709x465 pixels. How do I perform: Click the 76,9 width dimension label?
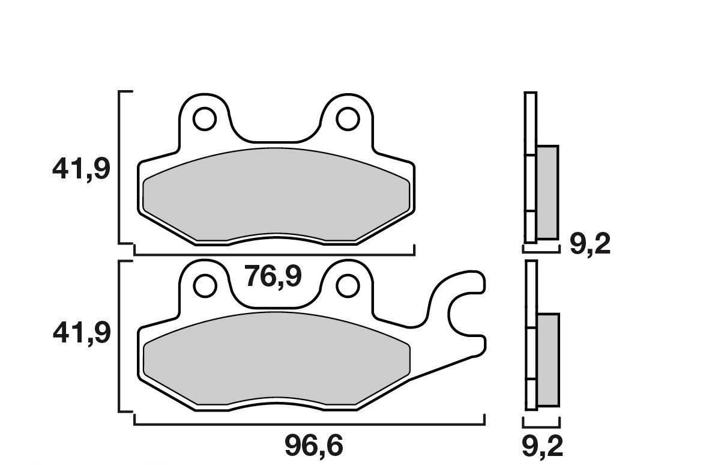coord(273,277)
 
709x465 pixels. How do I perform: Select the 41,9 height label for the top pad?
coord(81,169)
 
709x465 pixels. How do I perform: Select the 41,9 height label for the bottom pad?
coord(81,332)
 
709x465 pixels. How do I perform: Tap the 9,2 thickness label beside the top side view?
coord(590,244)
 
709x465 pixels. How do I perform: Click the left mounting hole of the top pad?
coord(205,119)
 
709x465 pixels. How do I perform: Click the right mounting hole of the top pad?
coord(348,119)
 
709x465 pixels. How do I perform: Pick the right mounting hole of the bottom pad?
coord(348,285)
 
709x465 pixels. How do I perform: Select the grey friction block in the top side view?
coord(547,191)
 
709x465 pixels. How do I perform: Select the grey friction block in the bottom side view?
coord(548,359)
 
